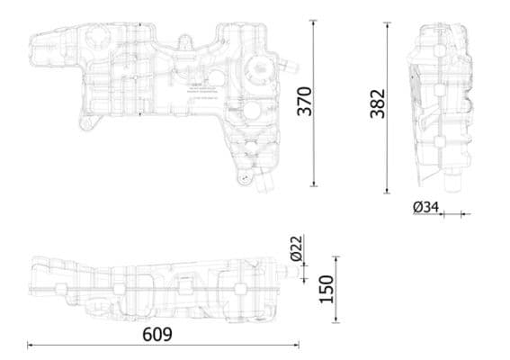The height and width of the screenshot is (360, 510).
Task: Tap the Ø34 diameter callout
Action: [x=425, y=208]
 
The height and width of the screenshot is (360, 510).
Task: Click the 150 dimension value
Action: [x=327, y=288]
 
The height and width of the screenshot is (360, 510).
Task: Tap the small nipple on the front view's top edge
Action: [x=183, y=40]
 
